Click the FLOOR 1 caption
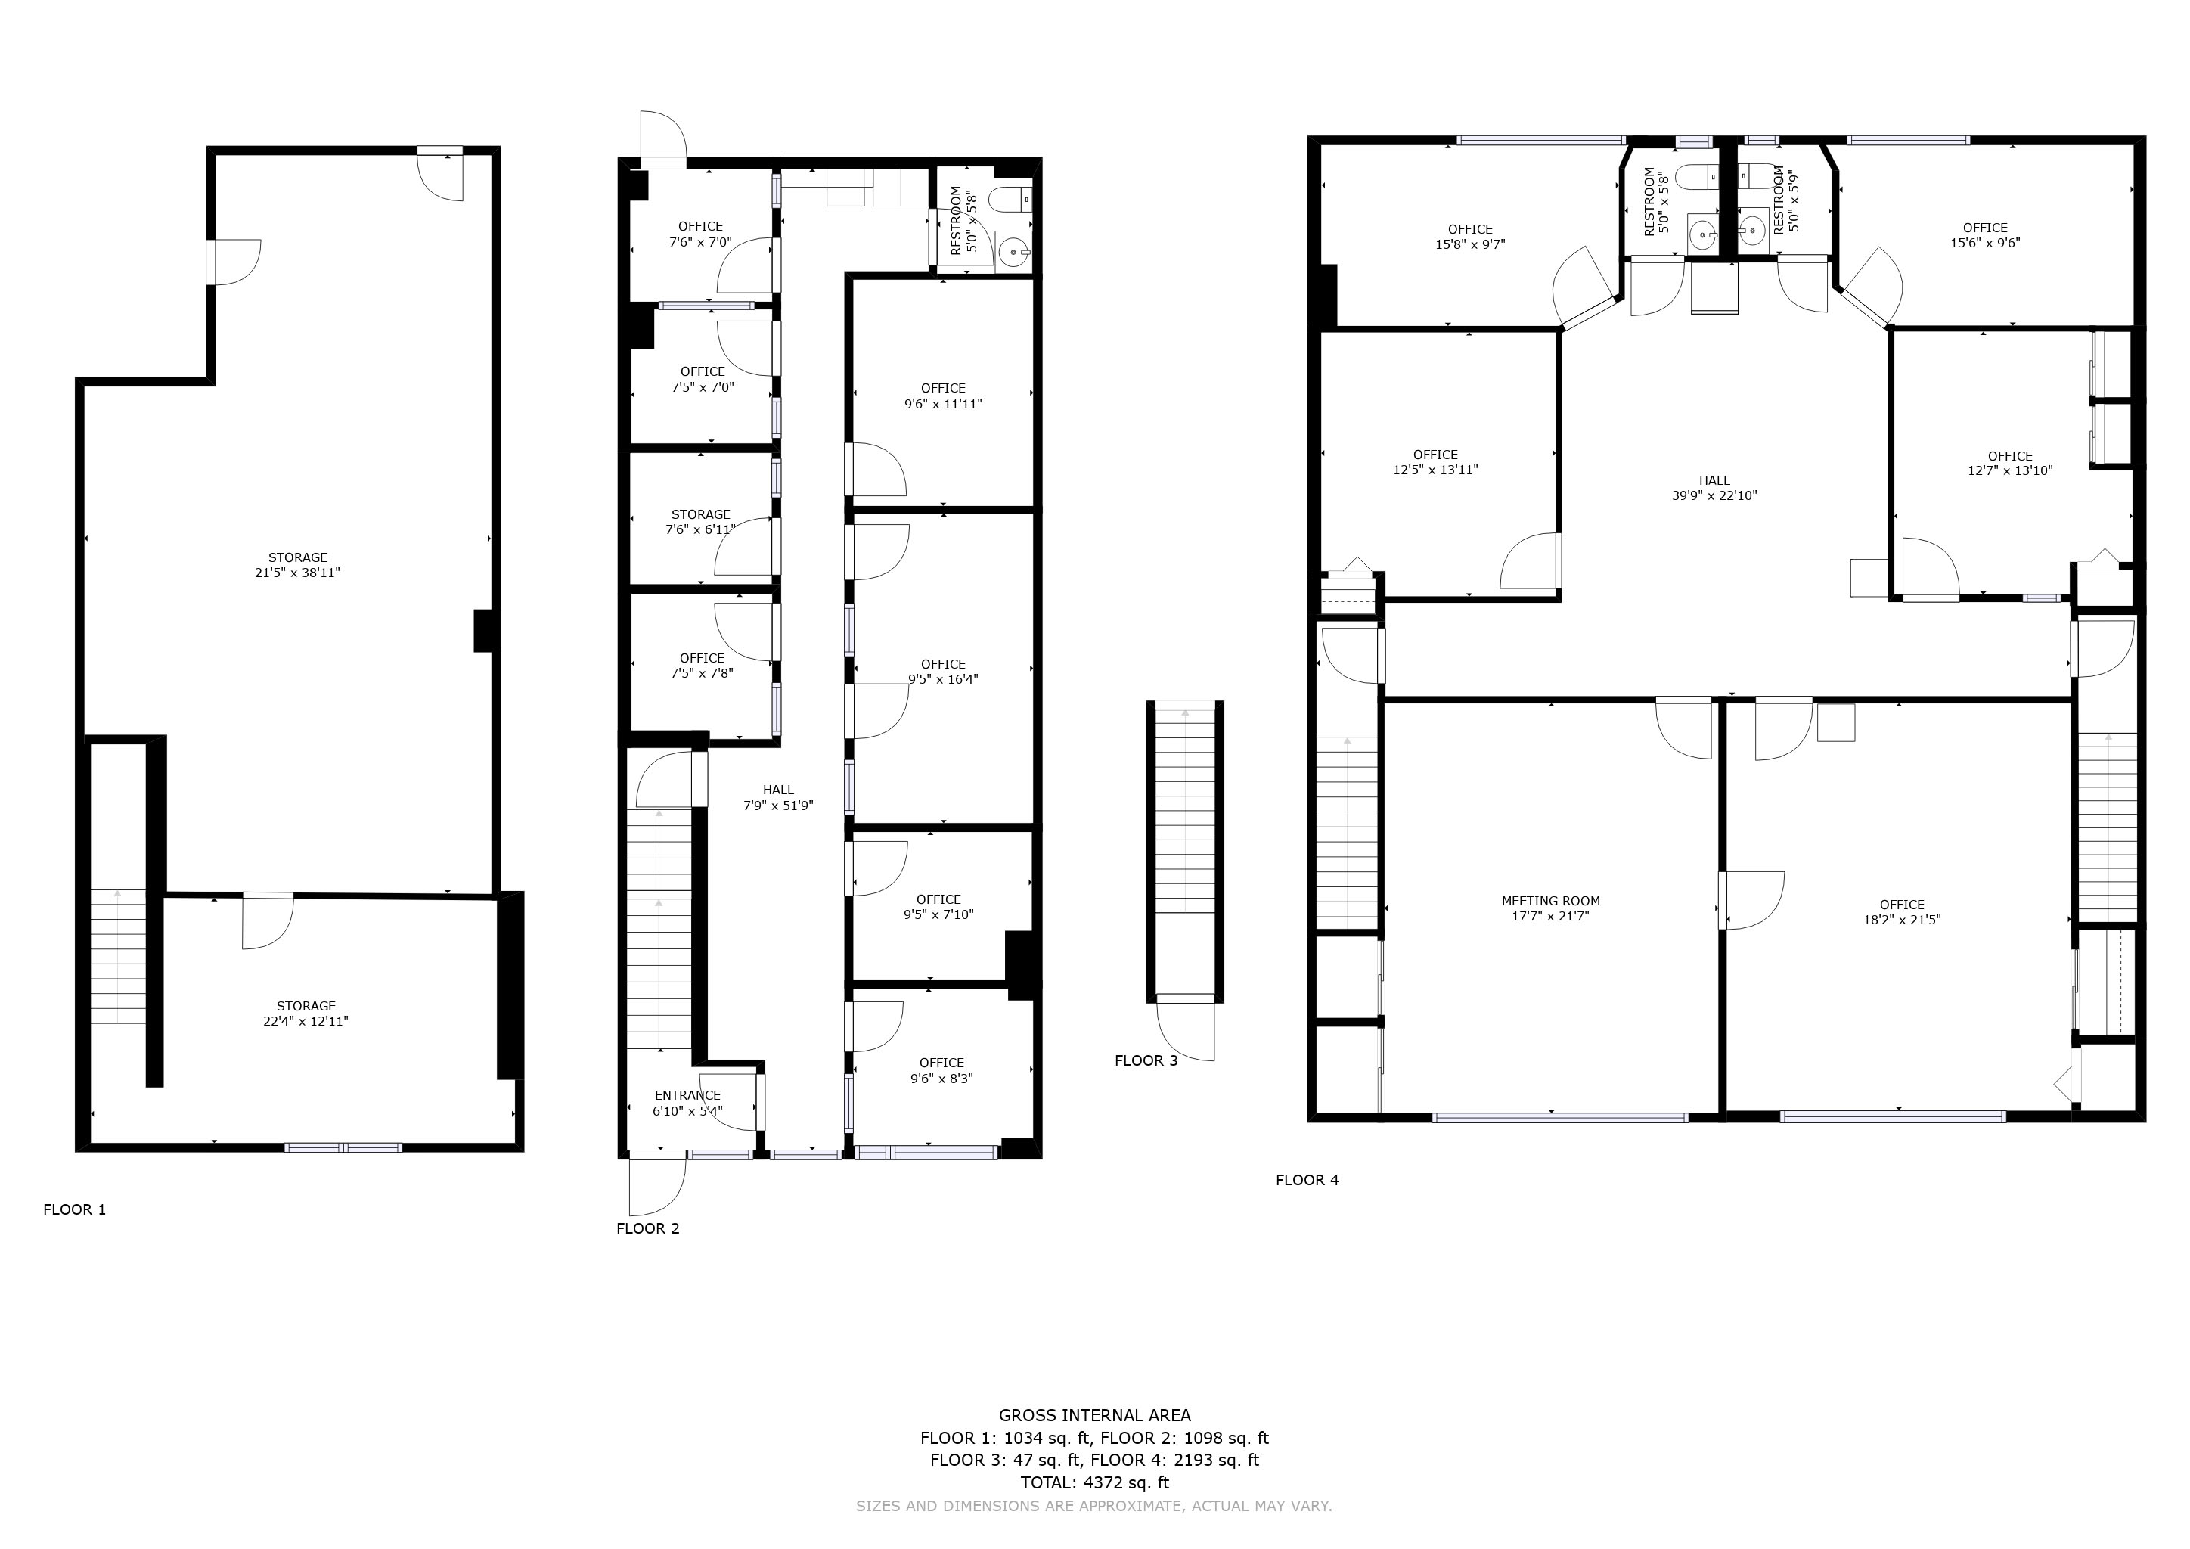point(74,1209)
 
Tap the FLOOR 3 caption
point(1146,1060)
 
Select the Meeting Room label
point(1551,900)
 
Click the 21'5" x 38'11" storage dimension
point(298,573)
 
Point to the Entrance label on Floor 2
point(687,1095)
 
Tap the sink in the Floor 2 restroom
point(1013,253)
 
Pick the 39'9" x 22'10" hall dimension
point(1714,496)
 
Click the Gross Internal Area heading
point(1095,1415)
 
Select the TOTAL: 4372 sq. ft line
point(1095,1482)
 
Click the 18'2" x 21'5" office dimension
point(1902,920)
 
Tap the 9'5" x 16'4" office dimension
point(943,680)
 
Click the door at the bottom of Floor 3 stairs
point(1187,1028)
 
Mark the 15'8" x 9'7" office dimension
point(1470,244)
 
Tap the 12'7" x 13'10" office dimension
point(2010,470)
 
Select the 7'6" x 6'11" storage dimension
point(701,529)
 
